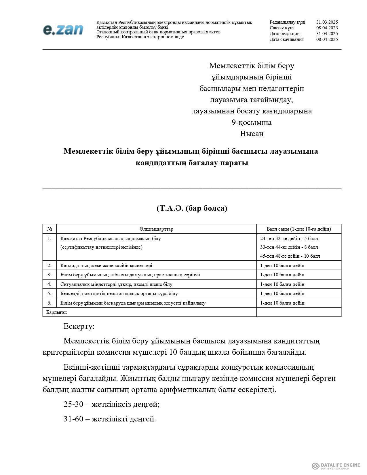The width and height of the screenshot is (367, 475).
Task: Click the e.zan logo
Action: pos(63,30)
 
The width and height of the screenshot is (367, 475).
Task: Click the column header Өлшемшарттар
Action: pos(156,229)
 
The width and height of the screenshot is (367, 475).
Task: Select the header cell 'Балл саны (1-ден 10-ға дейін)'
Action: pos(298,229)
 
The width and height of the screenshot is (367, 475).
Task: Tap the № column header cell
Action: pos(50,229)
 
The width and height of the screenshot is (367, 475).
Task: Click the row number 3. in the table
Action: pos(50,275)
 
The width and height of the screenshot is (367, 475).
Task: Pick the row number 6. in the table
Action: pos(50,303)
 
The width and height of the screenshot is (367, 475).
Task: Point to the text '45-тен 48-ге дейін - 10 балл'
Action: pos(290,256)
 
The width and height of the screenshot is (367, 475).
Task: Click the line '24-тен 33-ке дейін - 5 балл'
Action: pos(289,238)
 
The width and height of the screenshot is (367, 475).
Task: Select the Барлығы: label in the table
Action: pos(57,312)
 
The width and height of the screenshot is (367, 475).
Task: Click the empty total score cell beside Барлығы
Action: pos(298,312)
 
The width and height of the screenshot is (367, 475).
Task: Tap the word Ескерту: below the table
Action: pos(79,326)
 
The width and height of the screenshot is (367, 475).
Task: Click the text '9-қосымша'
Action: pos(252,123)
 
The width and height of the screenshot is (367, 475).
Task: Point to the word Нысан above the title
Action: pos(252,134)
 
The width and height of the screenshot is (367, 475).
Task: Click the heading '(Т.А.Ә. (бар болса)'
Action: pos(192,208)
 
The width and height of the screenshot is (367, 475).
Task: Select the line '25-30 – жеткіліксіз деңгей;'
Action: pos(111,404)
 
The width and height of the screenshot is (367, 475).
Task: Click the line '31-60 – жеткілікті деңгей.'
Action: pos(110,419)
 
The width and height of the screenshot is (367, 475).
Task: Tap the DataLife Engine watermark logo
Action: pos(336,466)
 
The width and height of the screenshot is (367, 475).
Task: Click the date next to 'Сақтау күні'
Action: pos(327,28)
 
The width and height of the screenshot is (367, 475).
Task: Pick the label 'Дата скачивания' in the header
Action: pos(286,39)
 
